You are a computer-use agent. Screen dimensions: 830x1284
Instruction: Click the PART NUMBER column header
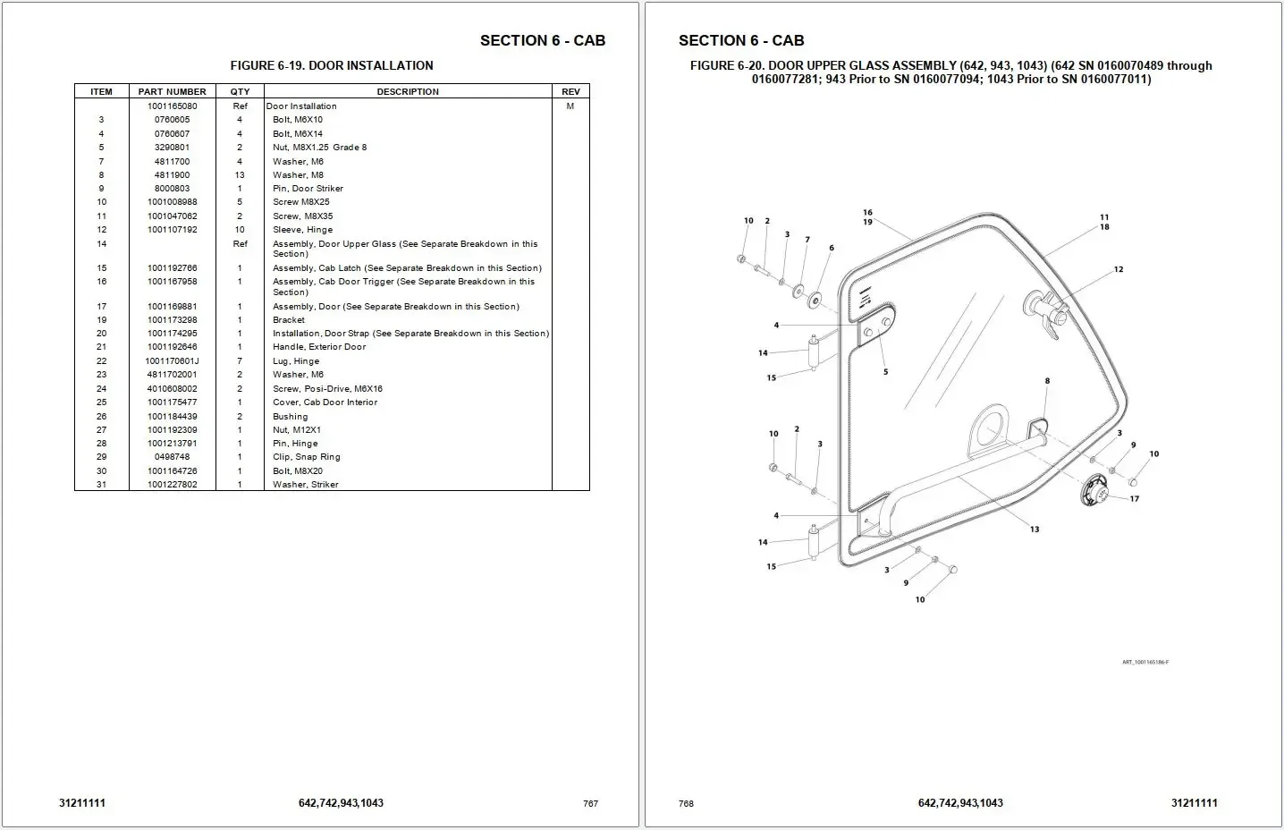[172, 91]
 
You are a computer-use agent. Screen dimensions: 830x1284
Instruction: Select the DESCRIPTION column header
[408, 91]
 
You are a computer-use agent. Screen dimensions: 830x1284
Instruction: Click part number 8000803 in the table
[172, 189]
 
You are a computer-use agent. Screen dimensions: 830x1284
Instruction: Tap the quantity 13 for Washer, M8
[240, 175]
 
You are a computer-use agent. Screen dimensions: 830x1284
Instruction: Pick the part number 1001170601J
[173, 361]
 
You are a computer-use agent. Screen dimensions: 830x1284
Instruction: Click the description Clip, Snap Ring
[307, 457]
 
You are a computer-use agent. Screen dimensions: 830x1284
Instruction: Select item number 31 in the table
[101, 485]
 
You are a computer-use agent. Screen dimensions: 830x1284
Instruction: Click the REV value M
[570, 106]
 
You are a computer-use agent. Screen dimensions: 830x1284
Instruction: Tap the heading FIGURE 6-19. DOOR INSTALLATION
[332, 65]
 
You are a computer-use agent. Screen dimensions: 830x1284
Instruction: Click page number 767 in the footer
[590, 803]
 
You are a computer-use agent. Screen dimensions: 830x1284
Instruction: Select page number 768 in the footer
[686, 803]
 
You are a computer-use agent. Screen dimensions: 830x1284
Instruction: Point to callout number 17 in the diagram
[1135, 499]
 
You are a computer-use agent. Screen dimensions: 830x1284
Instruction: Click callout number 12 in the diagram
[1119, 269]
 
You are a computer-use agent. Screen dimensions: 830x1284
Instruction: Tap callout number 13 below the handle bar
[1035, 529]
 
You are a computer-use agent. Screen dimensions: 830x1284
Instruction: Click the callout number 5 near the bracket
[886, 372]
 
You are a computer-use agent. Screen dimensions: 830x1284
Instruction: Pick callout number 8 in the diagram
[1047, 381]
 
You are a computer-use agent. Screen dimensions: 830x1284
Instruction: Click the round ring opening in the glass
[988, 429]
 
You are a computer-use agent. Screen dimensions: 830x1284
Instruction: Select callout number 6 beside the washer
[832, 248]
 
